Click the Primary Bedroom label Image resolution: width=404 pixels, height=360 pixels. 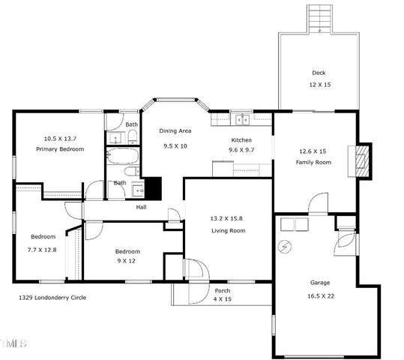pyautogui.click(x=60, y=149)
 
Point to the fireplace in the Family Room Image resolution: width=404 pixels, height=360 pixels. pyautogui.click(x=363, y=160)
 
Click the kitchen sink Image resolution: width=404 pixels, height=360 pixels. pyautogui.click(x=242, y=118)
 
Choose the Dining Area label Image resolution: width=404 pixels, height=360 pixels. pyautogui.click(x=175, y=131)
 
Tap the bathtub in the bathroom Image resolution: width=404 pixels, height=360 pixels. pyautogui.click(x=121, y=156)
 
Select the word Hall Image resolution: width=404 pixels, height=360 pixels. pyautogui.click(x=141, y=207)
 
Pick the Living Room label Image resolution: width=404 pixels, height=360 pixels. pyautogui.click(x=228, y=231)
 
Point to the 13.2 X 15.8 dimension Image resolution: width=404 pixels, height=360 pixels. pyautogui.click(x=228, y=218)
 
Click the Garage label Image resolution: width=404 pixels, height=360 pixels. pyautogui.click(x=320, y=283)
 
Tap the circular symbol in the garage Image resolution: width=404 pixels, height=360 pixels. pyautogui.click(x=285, y=246)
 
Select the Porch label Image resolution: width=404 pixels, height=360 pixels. pyautogui.click(x=223, y=290)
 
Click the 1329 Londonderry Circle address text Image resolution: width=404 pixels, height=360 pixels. pyautogui.click(x=52, y=298)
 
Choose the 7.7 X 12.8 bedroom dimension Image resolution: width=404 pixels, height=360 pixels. pyautogui.click(x=43, y=249)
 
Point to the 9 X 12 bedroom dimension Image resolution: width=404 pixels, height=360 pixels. pyautogui.click(x=127, y=262)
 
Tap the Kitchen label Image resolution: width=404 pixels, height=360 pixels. pyautogui.click(x=241, y=140)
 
